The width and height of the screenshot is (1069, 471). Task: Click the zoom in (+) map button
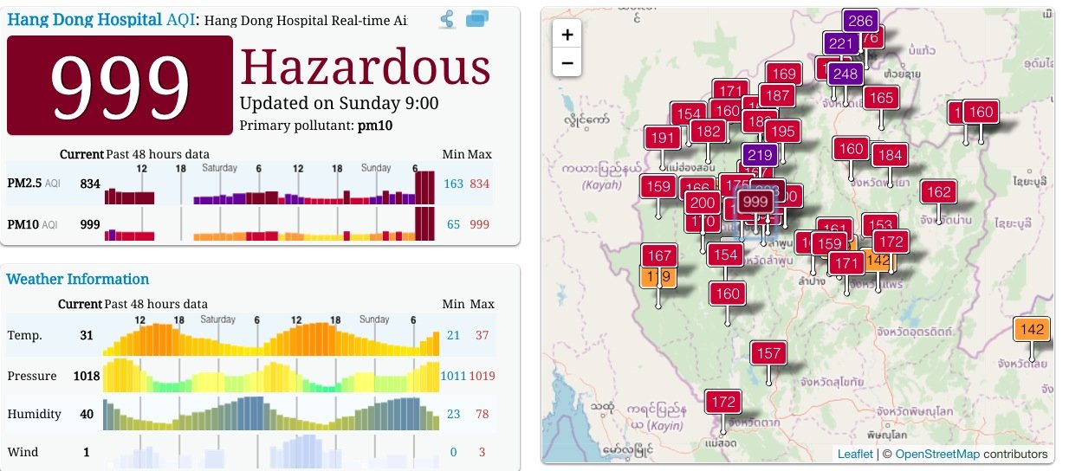567,35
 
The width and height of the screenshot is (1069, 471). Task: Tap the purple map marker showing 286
860,21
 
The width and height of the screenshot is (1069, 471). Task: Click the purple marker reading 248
845,74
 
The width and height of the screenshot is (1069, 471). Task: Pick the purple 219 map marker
759,156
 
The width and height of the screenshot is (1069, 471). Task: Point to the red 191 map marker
662,138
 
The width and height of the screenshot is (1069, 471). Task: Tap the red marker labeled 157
768,353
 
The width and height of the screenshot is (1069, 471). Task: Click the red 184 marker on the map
889,155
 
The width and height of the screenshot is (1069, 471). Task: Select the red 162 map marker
938,191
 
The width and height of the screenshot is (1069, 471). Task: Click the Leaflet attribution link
855,454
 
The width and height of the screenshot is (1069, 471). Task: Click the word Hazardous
365,67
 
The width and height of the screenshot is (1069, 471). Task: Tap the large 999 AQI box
120,85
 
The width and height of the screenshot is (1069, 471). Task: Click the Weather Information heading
78,279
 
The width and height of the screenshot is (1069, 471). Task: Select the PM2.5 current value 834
90,184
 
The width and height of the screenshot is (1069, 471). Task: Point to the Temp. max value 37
483,335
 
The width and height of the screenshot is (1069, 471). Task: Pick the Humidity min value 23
453,414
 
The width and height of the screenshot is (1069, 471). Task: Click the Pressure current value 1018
84,376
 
